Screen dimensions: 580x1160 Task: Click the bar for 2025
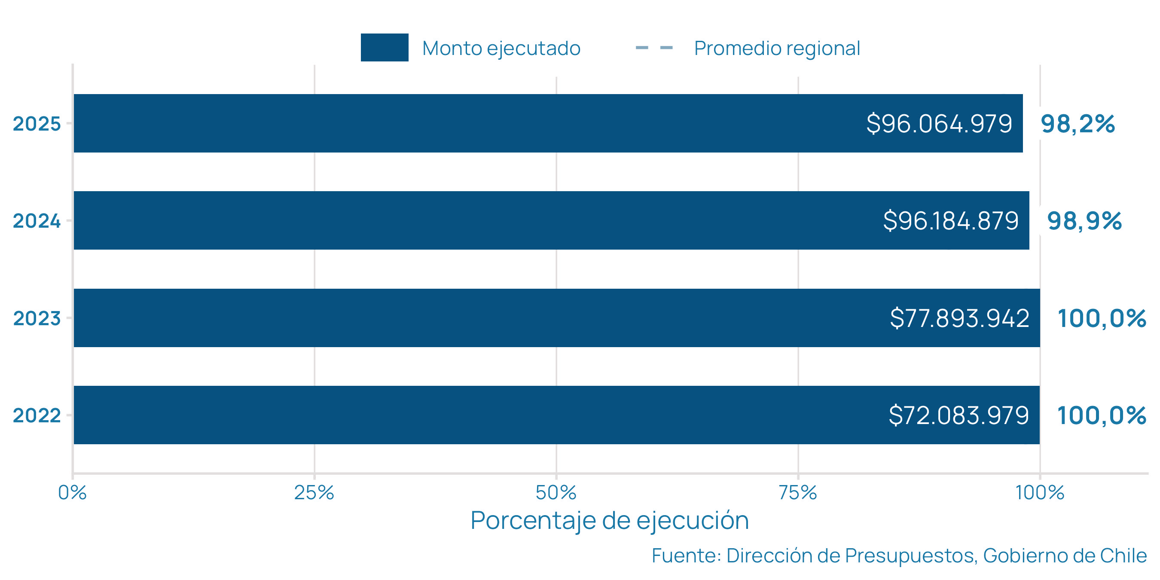(x=450, y=123)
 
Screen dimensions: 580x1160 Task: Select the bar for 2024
(x=450, y=220)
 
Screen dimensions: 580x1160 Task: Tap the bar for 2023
(x=450, y=318)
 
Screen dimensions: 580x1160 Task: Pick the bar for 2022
(x=450, y=415)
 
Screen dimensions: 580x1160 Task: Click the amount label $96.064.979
(x=939, y=123)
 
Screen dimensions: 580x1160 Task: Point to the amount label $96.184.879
(x=951, y=221)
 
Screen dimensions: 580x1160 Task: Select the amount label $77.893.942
(x=959, y=318)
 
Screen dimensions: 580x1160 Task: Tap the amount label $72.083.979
(x=959, y=415)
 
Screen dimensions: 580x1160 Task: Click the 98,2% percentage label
(x=1078, y=124)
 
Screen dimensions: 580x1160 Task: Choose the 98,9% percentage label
(x=1084, y=221)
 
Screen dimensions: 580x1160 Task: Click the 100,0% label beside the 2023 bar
(x=1102, y=318)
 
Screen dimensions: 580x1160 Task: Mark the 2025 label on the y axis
(x=37, y=124)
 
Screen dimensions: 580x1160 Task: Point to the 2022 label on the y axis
(x=37, y=415)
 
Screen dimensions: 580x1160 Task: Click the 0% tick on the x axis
(x=72, y=493)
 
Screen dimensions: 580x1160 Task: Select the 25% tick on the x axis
(x=314, y=493)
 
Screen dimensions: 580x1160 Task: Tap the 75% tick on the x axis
(x=797, y=493)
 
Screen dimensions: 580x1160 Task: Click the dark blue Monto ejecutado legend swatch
(x=384, y=47)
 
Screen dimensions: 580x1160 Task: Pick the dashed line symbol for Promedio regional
(x=654, y=48)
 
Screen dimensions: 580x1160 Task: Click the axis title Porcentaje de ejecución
(x=609, y=521)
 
